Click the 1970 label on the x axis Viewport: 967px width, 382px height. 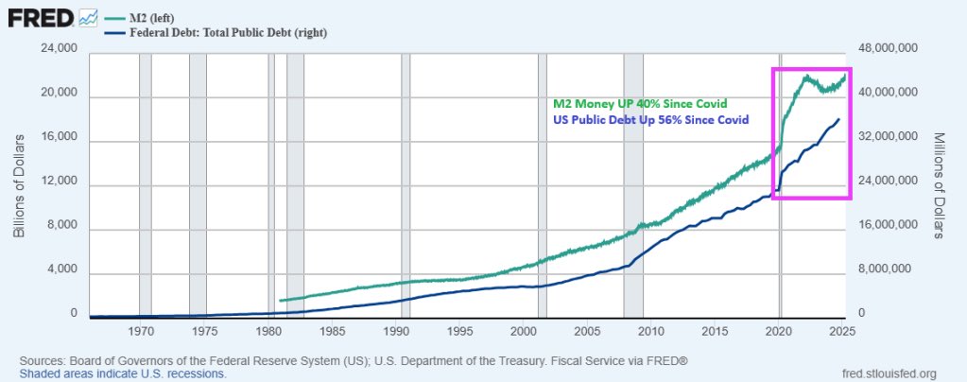(141, 333)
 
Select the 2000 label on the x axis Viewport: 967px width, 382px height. (524, 333)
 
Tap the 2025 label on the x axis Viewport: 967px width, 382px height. (842, 333)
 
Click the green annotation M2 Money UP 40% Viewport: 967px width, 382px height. (639, 103)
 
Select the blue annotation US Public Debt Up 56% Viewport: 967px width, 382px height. (649, 120)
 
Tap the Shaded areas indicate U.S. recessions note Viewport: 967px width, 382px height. (114, 373)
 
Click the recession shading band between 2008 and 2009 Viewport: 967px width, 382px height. (633, 189)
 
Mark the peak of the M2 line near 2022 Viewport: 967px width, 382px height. (806, 77)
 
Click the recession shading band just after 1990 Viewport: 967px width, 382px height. (406, 189)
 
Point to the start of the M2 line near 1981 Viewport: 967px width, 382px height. (282, 301)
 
